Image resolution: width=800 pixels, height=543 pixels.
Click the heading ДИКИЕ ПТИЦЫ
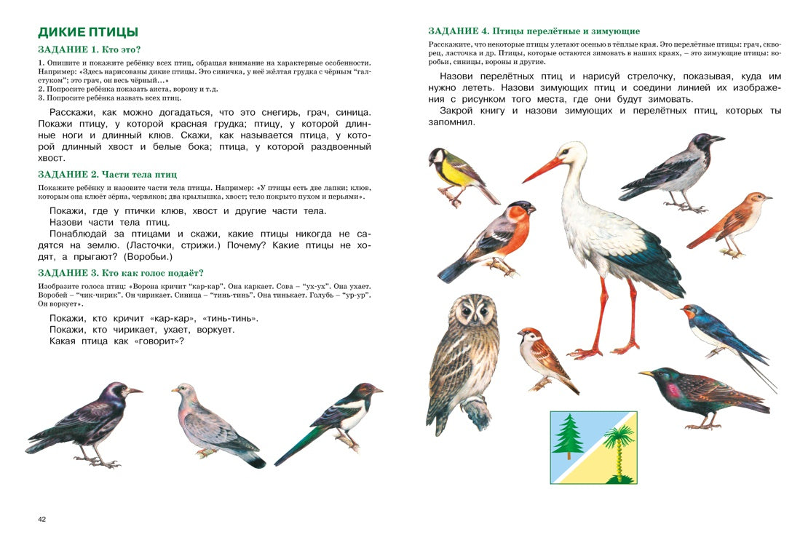pos(88,32)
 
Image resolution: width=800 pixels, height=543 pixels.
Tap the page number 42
pos(42,519)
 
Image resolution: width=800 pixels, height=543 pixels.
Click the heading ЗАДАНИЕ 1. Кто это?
pos(89,49)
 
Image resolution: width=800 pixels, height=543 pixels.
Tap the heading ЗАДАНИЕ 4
pos(534,31)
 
